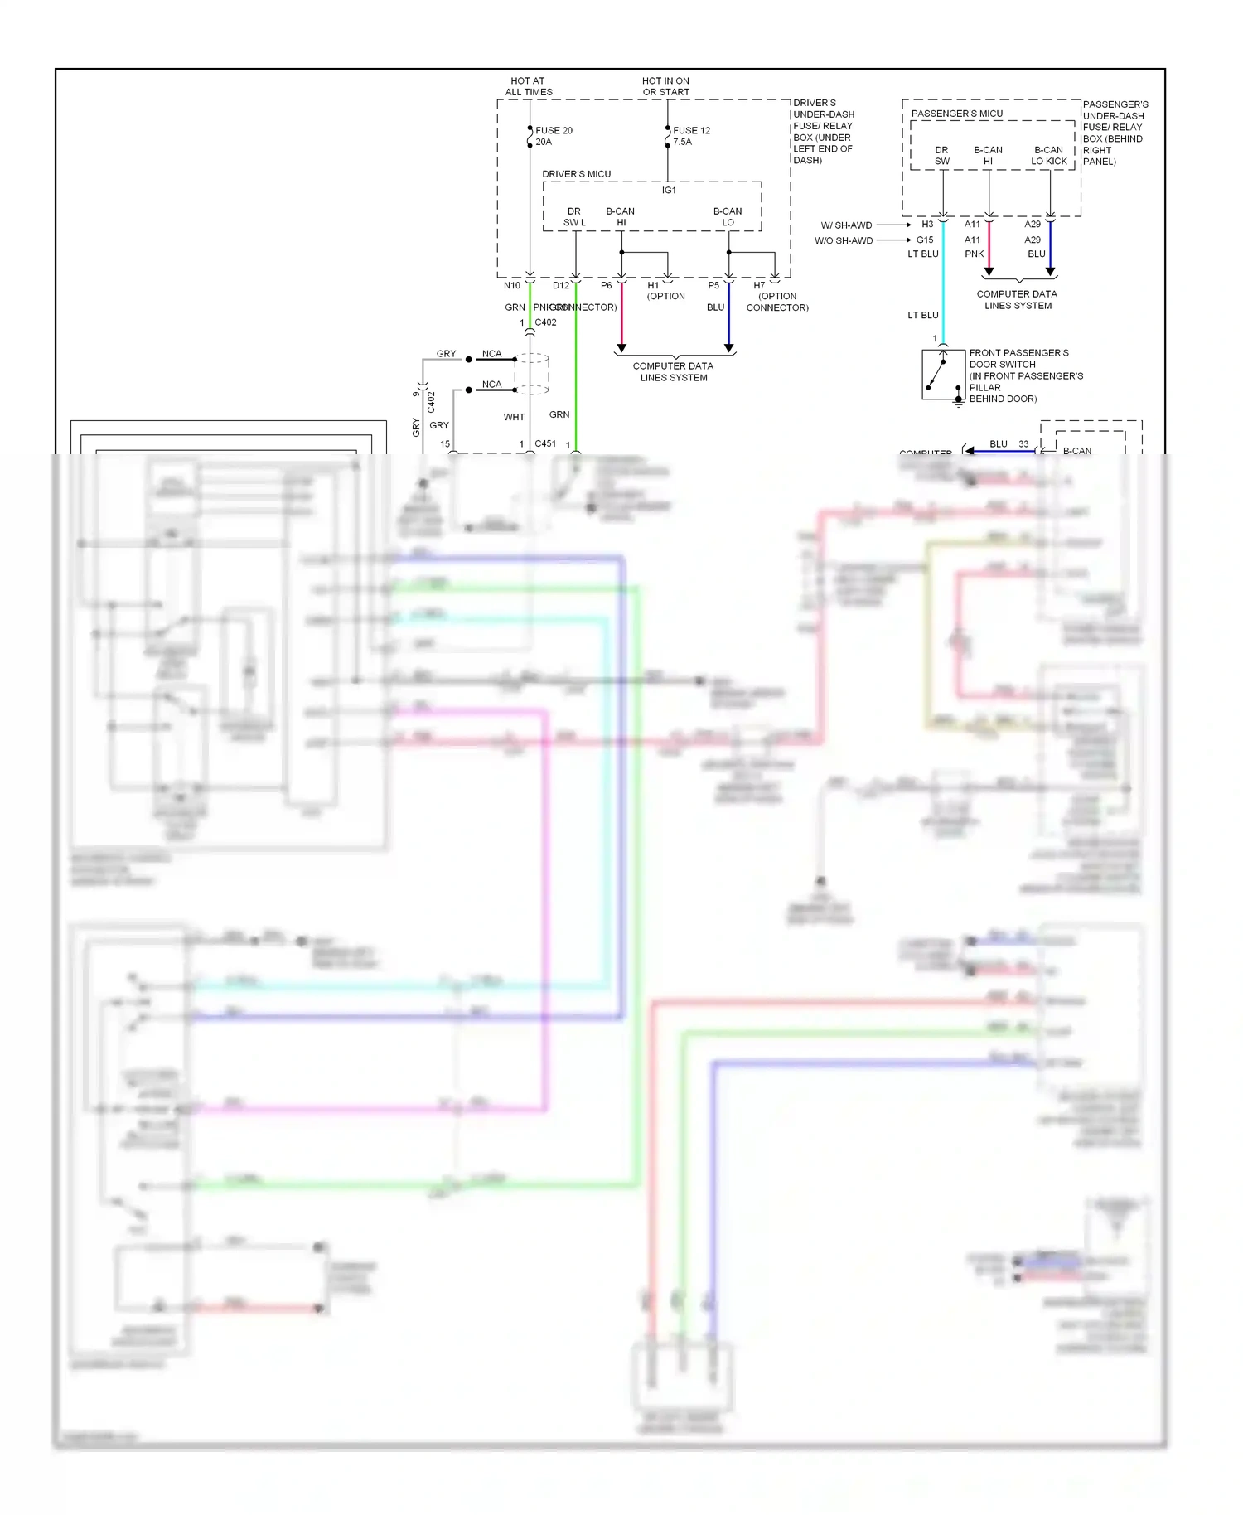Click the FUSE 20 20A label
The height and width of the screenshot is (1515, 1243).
click(x=554, y=136)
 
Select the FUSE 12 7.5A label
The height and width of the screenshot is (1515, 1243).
click(x=691, y=136)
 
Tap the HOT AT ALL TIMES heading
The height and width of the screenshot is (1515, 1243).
click(x=529, y=86)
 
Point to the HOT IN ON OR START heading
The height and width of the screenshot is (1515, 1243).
click(x=665, y=86)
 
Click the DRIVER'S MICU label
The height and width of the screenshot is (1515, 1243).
click(x=576, y=174)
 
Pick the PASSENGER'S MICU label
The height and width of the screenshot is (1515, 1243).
click(x=956, y=114)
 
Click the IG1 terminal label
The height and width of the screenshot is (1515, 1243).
click(x=669, y=191)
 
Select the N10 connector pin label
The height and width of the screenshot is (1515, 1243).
click(x=512, y=286)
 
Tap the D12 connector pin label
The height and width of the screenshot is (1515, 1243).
click(x=561, y=286)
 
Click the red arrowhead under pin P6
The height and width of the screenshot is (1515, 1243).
click(x=621, y=348)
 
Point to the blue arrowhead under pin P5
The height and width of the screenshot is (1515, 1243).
click(x=728, y=348)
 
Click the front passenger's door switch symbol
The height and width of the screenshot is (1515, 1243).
click(x=943, y=375)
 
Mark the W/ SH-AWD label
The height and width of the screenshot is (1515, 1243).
click(x=846, y=225)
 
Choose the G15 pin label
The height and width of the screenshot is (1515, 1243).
click(x=925, y=240)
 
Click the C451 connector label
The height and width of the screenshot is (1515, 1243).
click(x=545, y=443)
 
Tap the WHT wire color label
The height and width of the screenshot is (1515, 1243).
click(x=514, y=417)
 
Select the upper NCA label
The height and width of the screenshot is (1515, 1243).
click(x=491, y=354)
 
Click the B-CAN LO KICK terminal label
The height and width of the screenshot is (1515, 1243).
click(x=1049, y=156)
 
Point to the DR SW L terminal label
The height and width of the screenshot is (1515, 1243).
click(x=574, y=217)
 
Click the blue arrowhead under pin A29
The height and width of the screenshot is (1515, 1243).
click(x=1050, y=271)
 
